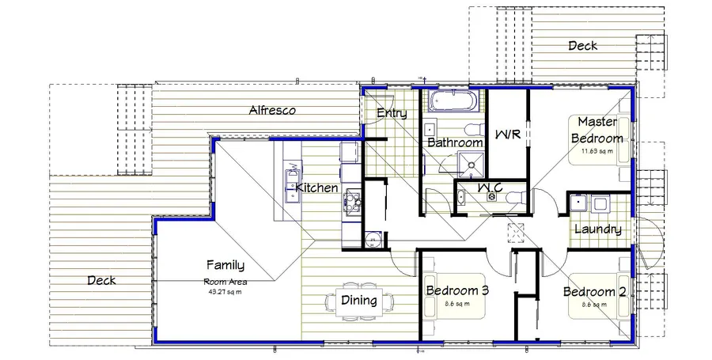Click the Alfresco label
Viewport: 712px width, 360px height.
pos(272,111)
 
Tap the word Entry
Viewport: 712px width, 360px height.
pos(392,113)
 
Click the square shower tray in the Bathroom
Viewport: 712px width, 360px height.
pos(472,164)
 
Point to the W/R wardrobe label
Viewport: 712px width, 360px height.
pos(506,134)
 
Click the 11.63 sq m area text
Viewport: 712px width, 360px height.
pos(598,150)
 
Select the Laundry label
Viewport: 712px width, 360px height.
pos(597,229)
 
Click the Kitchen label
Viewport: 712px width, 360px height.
pos(316,188)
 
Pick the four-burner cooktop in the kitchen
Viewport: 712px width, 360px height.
pos(351,202)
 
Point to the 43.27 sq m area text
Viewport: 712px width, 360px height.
pos(225,290)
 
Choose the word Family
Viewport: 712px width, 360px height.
pos(225,265)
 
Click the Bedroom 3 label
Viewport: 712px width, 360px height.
pos(457,290)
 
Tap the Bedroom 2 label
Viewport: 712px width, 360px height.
pos(594,292)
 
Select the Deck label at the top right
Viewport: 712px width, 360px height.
pos(583,46)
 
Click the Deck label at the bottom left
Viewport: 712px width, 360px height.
pos(101,280)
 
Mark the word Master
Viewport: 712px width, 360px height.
pos(597,122)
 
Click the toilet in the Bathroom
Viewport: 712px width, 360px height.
pos(472,130)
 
